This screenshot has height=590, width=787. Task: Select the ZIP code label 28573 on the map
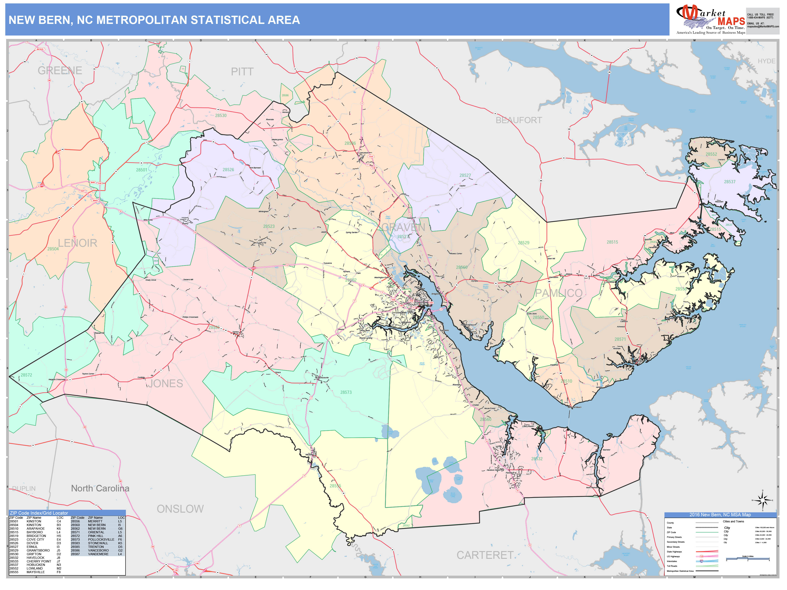(346, 392)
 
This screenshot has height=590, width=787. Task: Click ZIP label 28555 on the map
(335, 486)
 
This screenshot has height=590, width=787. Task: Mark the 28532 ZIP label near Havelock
(537, 459)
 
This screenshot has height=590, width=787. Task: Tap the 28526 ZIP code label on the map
(228, 170)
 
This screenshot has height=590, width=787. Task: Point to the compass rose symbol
(762, 501)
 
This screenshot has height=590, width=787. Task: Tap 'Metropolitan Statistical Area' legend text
(680, 571)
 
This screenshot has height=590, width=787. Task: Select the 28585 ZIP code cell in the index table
(75, 547)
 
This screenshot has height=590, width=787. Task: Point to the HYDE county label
(766, 61)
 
